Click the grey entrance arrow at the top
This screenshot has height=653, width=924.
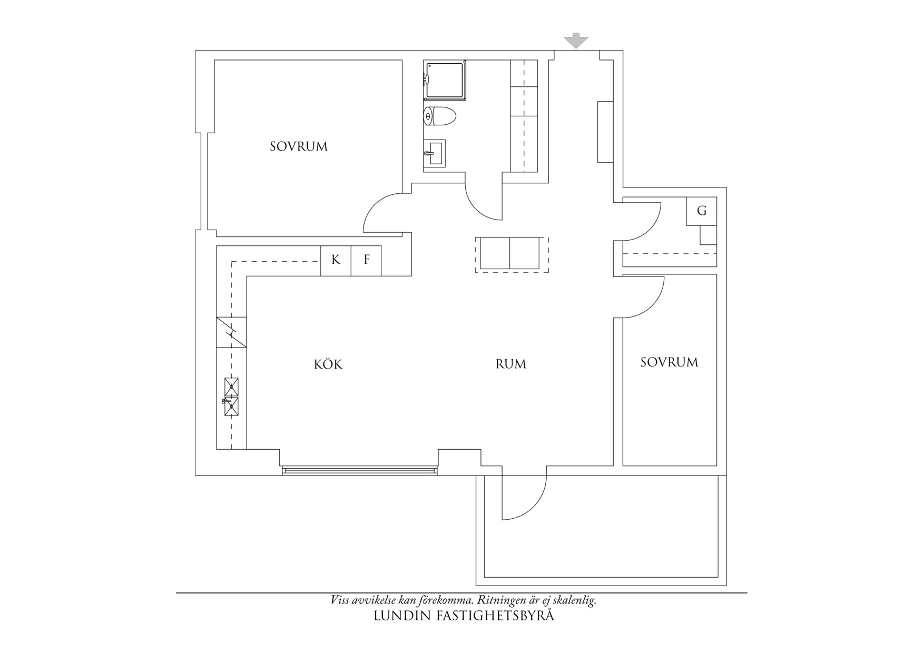tap(575, 41)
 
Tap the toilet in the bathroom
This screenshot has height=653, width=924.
tap(440, 116)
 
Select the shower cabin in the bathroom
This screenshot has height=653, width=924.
tap(446, 80)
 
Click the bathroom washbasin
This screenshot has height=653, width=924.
tap(435, 153)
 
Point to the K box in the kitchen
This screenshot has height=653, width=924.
tap(336, 260)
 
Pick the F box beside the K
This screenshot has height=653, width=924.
tap(366, 260)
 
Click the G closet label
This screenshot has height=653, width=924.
tap(701, 211)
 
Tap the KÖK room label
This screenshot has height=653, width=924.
tap(328, 364)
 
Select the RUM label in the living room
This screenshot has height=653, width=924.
tap(510, 364)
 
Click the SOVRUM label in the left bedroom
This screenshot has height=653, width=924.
tap(299, 146)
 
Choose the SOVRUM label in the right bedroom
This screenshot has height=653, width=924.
tap(669, 362)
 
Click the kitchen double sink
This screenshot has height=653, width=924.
tap(231, 397)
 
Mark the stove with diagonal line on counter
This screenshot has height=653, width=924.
tap(231, 332)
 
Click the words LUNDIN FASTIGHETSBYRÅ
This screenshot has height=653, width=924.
tap(464, 616)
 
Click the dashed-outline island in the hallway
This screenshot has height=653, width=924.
tap(512, 254)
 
